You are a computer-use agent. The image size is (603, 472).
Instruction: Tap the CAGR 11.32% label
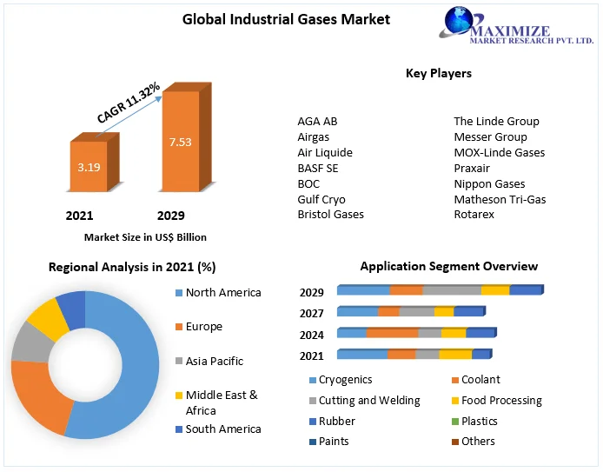coord(128,103)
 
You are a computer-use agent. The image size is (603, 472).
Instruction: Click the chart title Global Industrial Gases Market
coord(274,19)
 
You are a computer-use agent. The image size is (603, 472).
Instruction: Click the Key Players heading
coord(439,74)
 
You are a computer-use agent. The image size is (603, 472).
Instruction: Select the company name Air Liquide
coord(325,152)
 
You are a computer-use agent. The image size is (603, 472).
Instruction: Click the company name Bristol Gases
coord(330,214)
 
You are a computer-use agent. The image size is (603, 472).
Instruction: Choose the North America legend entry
coord(223,293)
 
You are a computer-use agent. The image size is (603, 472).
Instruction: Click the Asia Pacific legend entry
coord(215,361)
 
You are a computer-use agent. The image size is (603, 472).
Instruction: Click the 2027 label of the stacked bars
coord(312,314)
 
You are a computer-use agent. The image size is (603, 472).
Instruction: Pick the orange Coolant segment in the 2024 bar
coord(392,333)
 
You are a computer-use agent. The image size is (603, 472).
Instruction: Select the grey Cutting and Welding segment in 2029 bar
coord(452,290)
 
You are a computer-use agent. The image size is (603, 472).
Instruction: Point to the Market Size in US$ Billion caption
coord(145,236)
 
